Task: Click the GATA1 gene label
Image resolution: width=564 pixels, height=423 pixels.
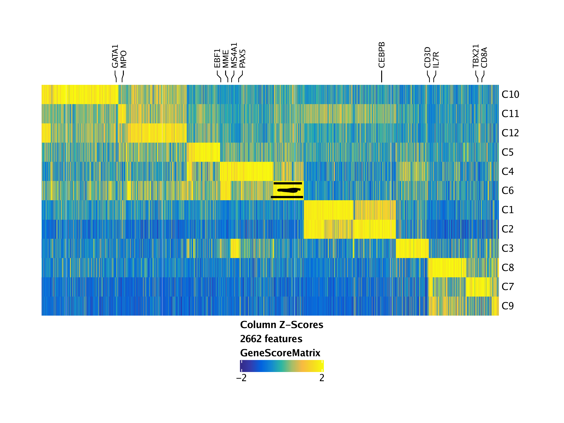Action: click(115, 56)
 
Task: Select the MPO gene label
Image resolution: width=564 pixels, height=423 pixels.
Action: click(123, 59)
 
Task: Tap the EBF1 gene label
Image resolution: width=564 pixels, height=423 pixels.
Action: click(217, 58)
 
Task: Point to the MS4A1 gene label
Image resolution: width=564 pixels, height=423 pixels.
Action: click(234, 55)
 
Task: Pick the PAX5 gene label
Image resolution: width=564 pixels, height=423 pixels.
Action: click(243, 59)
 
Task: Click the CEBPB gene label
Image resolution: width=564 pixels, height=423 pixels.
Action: click(381, 55)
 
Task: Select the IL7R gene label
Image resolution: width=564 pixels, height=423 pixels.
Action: click(436, 60)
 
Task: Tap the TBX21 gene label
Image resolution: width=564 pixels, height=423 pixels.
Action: click(476, 56)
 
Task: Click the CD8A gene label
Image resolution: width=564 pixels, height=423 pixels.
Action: click(484, 58)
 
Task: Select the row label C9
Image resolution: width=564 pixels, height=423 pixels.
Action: click(507, 306)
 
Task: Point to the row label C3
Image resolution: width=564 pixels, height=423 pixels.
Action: click(507, 248)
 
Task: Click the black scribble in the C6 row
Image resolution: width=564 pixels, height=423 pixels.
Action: click(288, 190)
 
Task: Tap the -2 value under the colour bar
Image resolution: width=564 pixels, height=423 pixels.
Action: click(241, 378)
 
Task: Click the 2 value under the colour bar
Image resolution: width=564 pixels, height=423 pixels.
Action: click(322, 378)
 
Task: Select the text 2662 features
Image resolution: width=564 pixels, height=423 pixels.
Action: click(271, 339)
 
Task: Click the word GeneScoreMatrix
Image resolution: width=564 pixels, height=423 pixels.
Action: click(280, 353)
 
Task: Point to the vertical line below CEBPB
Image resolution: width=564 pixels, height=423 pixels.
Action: click(381, 76)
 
